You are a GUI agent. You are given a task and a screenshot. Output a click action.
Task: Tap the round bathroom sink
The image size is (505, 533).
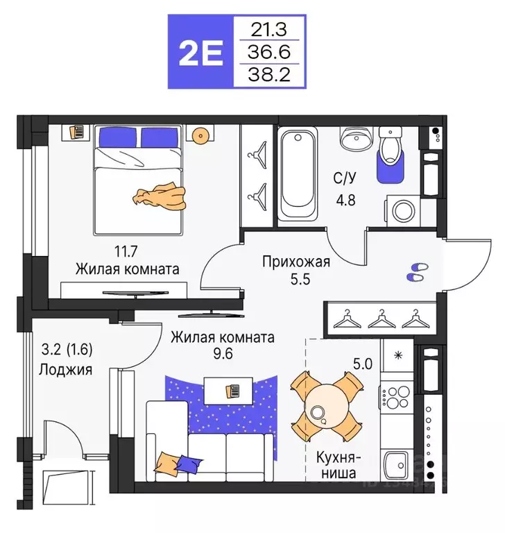point(356,139)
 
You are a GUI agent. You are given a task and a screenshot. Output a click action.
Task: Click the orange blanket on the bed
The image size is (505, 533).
point(161,196)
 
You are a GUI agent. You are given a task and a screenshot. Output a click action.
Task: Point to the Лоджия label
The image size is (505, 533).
point(67,370)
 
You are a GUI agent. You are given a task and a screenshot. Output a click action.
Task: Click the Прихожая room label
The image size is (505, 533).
point(296,262)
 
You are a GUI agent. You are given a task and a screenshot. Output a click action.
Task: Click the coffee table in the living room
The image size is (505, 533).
point(226,389)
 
